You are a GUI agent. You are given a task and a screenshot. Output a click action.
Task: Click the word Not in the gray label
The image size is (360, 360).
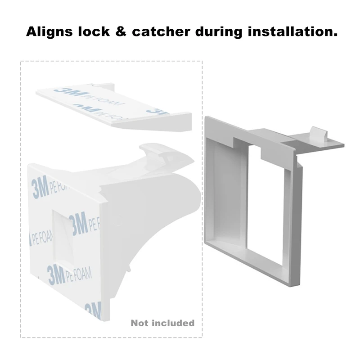click(x=139, y=323)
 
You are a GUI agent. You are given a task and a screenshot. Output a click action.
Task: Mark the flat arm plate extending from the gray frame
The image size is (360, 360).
click(x=315, y=143)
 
